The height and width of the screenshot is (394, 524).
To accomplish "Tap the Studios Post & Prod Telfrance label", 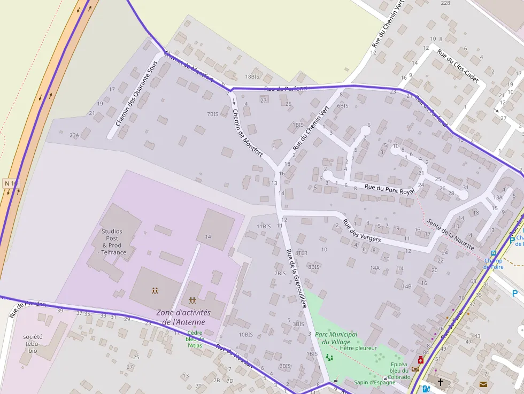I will [112, 242].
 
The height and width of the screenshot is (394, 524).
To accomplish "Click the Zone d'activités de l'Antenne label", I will [183, 317].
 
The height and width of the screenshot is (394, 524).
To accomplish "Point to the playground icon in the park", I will [329, 357].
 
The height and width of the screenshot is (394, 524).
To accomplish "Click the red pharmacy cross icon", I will [420, 360].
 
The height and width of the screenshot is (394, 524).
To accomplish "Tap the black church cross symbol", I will [441, 382].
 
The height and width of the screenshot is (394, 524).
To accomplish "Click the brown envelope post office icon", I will [483, 384].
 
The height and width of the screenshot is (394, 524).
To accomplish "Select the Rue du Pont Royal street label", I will [389, 189].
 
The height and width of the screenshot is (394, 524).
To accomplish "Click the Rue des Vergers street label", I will [361, 231].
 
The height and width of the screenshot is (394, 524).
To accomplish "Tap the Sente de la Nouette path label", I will [450, 233].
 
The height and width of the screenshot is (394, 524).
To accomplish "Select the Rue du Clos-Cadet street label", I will [457, 66].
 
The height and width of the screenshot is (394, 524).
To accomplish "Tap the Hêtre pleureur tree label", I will [358, 348].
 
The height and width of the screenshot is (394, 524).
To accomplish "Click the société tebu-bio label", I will [33, 344].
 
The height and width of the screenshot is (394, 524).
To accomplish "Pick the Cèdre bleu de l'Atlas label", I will [194, 339].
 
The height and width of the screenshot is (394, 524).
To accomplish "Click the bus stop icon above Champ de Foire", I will [494, 253].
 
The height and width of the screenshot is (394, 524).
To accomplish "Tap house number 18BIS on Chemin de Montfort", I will [252, 77].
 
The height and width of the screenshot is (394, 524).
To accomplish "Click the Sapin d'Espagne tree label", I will [374, 382].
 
